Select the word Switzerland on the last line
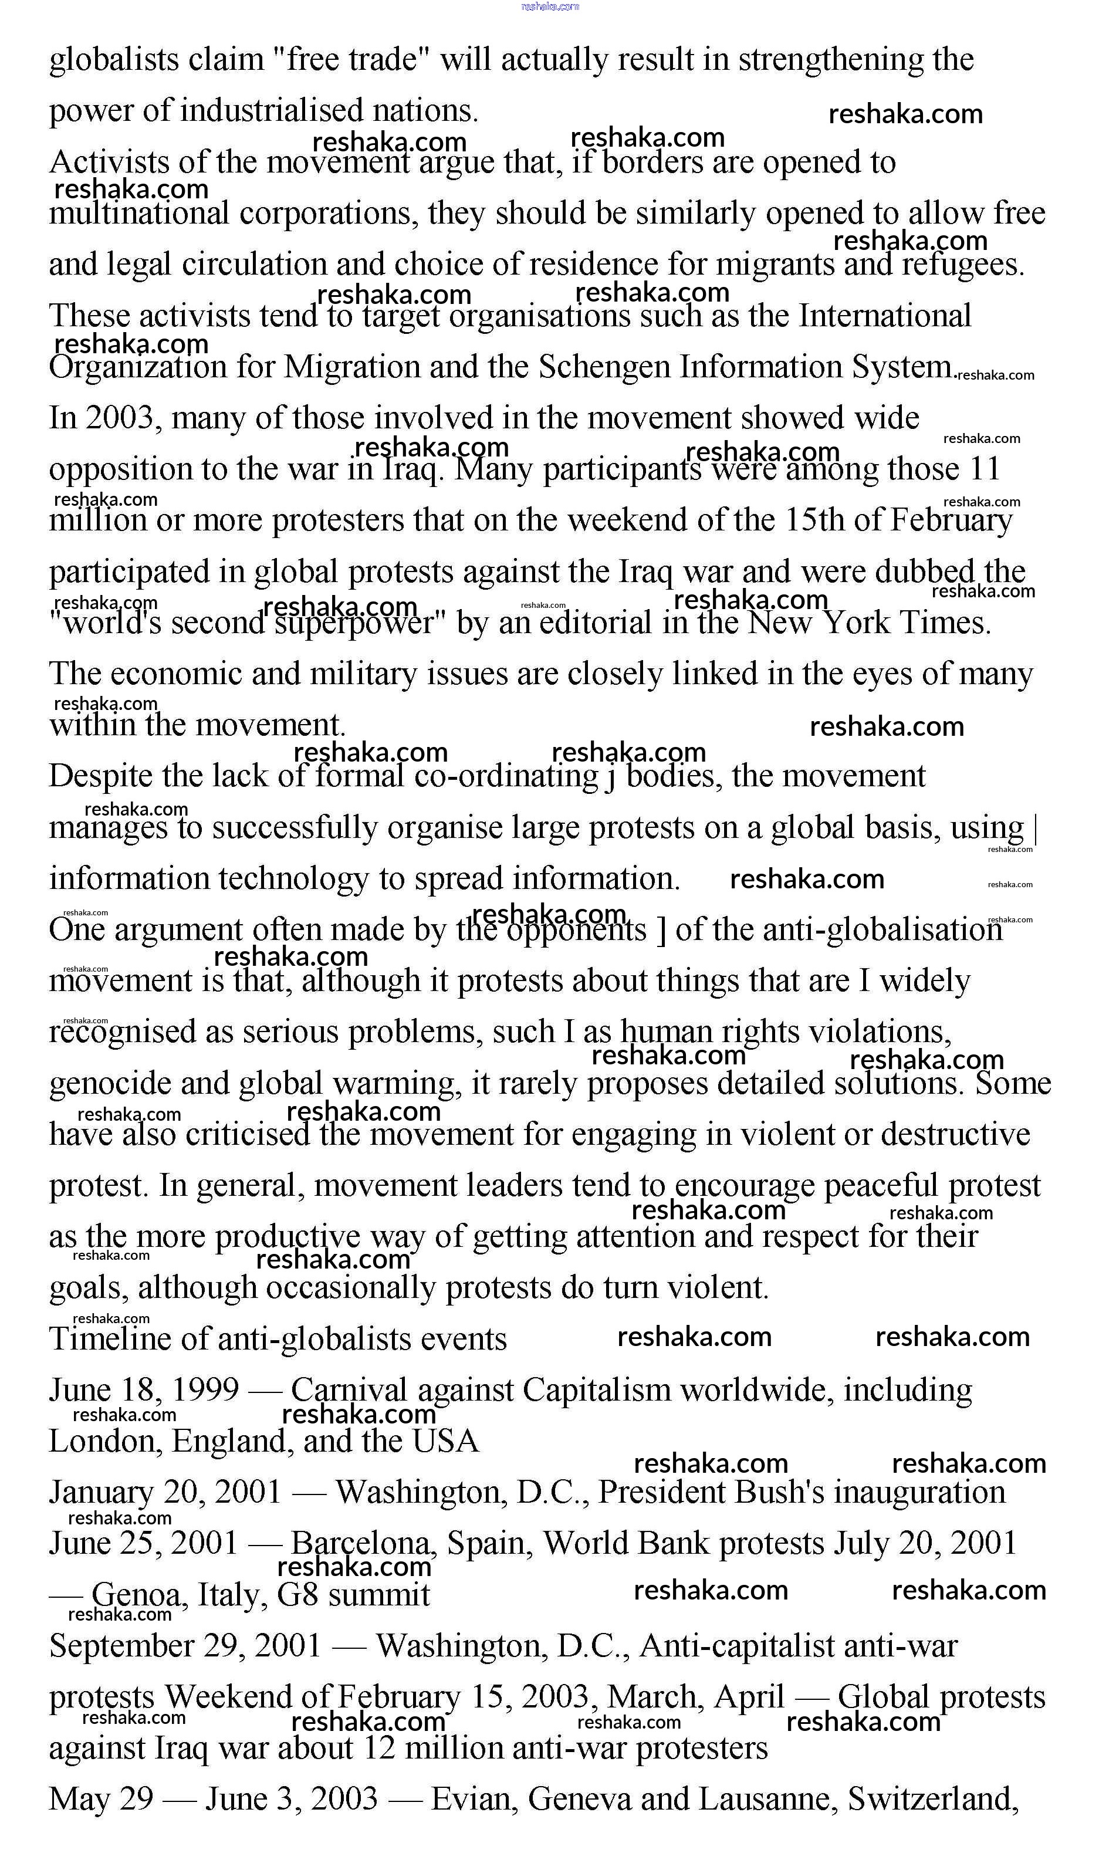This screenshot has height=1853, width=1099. (x=933, y=1799)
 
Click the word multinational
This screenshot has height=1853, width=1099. (x=139, y=214)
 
